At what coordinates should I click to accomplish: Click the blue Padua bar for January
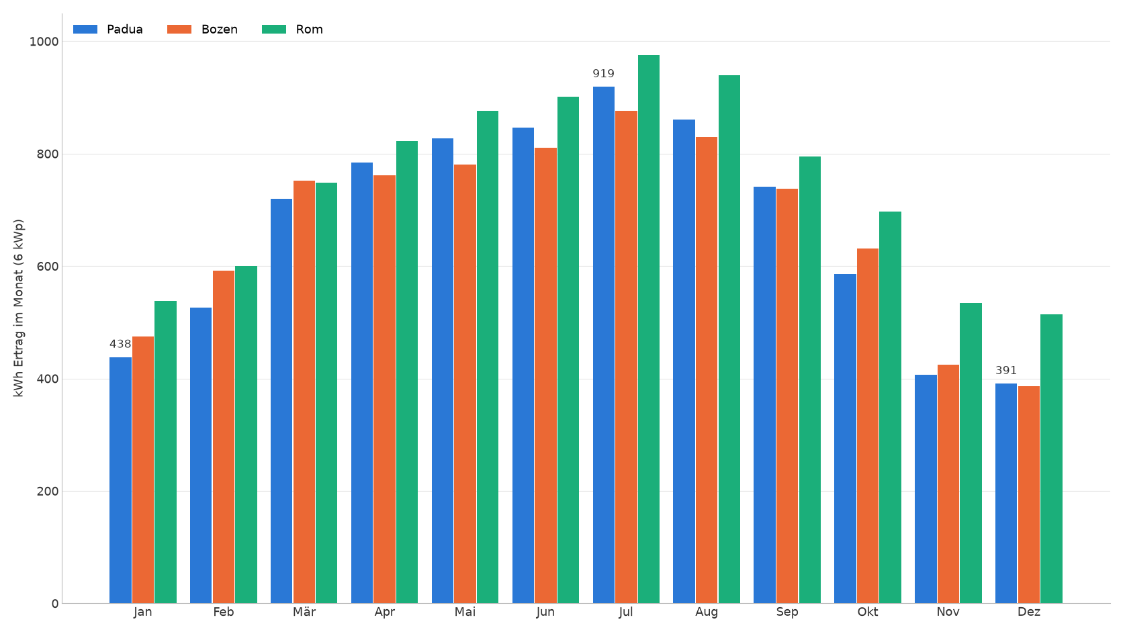(120, 480)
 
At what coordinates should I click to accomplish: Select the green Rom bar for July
(649, 329)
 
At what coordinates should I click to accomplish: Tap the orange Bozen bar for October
(867, 426)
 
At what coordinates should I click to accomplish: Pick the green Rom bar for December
(1051, 459)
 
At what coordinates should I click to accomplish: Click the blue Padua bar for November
(926, 489)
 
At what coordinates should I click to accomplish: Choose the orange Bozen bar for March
(304, 392)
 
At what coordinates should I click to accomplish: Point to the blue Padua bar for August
(684, 361)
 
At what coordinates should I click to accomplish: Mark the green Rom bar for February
(246, 435)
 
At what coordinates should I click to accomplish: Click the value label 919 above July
(603, 74)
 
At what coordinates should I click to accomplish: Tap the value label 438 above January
(120, 345)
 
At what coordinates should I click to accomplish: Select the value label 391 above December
(1005, 370)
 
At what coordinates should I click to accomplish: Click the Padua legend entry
(107, 29)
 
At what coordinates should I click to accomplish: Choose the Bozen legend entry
(203, 29)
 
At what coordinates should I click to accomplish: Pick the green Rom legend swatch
(274, 29)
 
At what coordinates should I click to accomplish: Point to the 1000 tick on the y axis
(44, 42)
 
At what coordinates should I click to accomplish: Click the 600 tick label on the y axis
(48, 267)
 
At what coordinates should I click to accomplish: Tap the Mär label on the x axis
(304, 612)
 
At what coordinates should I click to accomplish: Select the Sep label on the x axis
(787, 613)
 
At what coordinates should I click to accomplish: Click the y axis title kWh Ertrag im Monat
(19, 308)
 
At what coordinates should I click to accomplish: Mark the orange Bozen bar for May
(465, 384)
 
